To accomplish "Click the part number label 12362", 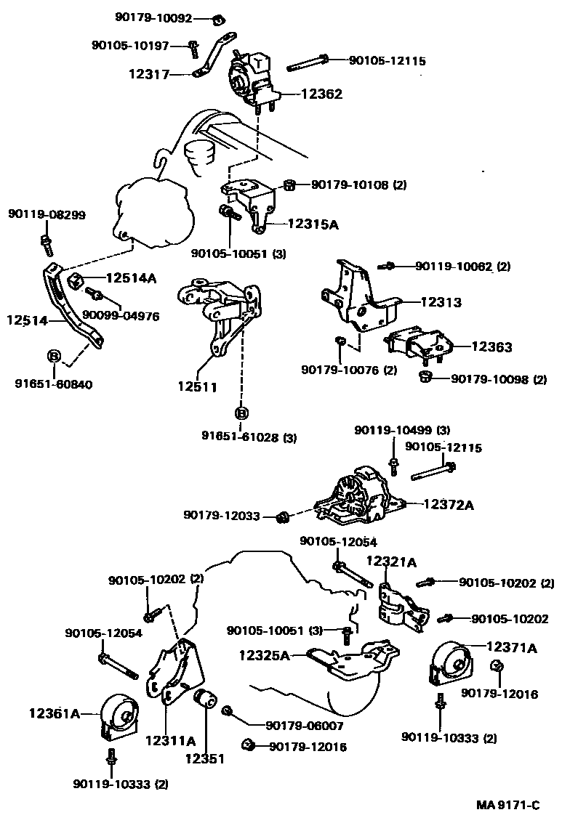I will tap(318, 94).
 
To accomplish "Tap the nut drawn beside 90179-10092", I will tap(218, 18).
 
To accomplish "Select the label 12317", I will tap(149, 73).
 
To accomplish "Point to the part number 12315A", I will tap(313, 224).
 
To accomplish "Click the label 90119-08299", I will tap(47, 214).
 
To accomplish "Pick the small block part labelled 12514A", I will tap(74, 280).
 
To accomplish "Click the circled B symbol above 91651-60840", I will tap(54, 356).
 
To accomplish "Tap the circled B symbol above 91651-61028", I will tap(241, 413).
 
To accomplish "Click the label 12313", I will tap(441, 301).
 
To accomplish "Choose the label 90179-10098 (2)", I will tap(499, 379).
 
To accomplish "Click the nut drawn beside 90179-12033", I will tap(284, 516).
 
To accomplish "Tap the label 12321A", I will tap(391, 562).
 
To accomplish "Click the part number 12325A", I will tap(265, 654).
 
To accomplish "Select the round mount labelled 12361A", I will tap(117, 716).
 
